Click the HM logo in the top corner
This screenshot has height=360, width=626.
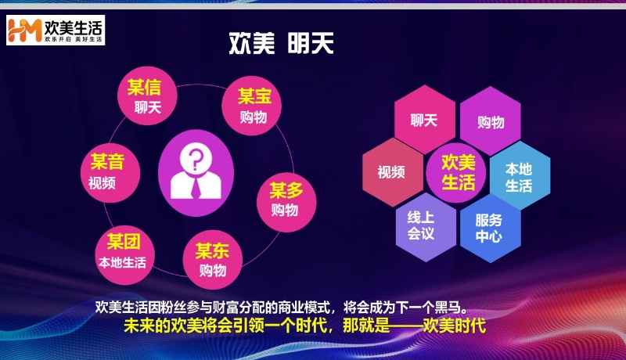(25, 30)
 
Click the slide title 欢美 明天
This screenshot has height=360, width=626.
(281, 43)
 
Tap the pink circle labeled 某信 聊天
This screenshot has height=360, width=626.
(147, 95)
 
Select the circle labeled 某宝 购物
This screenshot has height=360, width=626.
(252, 106)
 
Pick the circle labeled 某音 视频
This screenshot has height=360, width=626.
(110, 173)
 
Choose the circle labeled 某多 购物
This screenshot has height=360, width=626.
(286, 203)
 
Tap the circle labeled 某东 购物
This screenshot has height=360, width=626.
(213, 260)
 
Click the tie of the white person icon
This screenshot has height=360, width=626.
(196, 188)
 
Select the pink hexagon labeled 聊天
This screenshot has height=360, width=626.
(424, 120)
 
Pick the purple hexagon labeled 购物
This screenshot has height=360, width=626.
(491, 121)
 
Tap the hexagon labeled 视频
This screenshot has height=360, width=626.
(393, 172)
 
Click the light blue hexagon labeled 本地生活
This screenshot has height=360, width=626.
(520, 175)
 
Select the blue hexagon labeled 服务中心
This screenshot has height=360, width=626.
(491, 229)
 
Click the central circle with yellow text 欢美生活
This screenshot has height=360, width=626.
(456, 173)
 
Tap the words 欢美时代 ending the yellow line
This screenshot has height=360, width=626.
(454, 326)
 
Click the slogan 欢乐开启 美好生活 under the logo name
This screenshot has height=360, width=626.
(73, 39)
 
